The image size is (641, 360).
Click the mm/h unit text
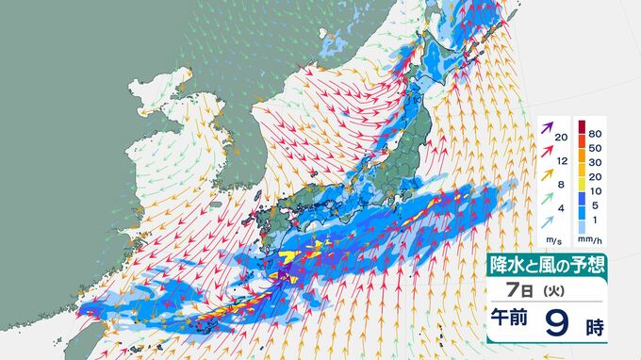[x=594, y=239]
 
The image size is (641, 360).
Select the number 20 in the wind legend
[x=562, y=139]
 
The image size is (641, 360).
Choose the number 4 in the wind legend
[x=562, y=207]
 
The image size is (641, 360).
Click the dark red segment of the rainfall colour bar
[x=582, y=126]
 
